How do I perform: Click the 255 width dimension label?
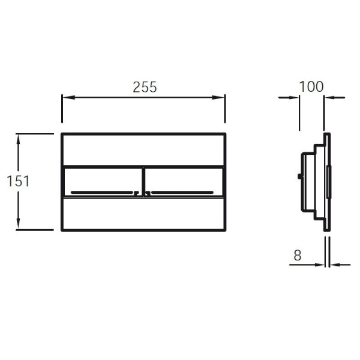point(145,87)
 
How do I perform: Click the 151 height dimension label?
point(18,181)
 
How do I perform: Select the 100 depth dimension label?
point(311,86)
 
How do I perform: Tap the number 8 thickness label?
point(298,255)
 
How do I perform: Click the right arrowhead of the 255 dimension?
point(218,98)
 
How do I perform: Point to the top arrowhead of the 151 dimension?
point(19,140)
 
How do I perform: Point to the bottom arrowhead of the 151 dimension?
point(19,223)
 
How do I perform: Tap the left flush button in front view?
point(103,182)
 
